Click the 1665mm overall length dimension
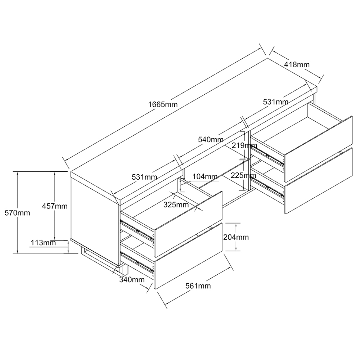click(x=163, y=104)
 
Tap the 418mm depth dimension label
click(x=297, y=64)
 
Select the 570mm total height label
click(x=17, y=213)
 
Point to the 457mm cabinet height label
click(x=55, y=206)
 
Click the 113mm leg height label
click(x=44, y=242)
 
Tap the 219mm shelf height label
click(x=244, y=145)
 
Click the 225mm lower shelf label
click(x=243, y=175)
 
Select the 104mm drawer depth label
click(x=205, y=176)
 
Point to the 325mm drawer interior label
click(x=176, y=204)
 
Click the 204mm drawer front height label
click(x=236, y=237)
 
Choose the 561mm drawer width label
click(x=198, y=285)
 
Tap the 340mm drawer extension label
click(x=132, y=279)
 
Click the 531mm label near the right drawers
click(x=275, y=102)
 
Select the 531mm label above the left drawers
click(x=144, y=177)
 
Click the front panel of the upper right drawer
click(x=319, y=149)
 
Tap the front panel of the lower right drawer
click(x=319, y=181)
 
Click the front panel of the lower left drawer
click(x=189, y=256)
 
